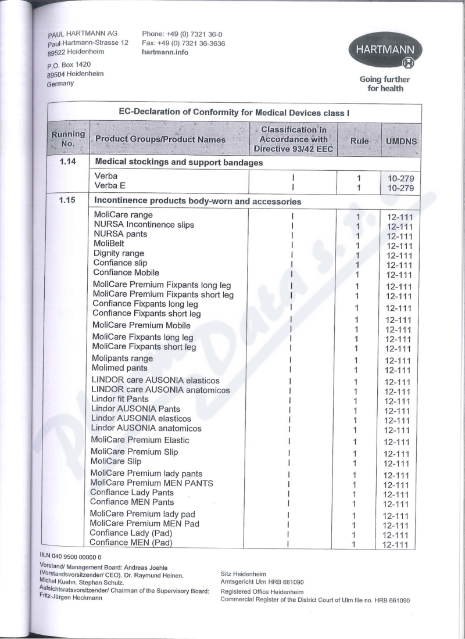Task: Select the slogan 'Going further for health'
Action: coord(384,84)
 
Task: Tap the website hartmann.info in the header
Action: coord(165,52)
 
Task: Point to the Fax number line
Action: coord(183,43)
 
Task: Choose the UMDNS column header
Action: coord(401,141)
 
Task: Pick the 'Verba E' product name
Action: coord(110,185)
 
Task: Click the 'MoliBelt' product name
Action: coord(109,244)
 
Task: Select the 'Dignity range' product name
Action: coord(119,253)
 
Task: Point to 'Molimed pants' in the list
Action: coord(120,368)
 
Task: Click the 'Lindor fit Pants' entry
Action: coord(120,399)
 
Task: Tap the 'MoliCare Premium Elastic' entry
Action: coord(140,440)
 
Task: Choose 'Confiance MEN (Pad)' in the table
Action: coord(131,543)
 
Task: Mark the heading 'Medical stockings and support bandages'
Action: coord(179,163)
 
